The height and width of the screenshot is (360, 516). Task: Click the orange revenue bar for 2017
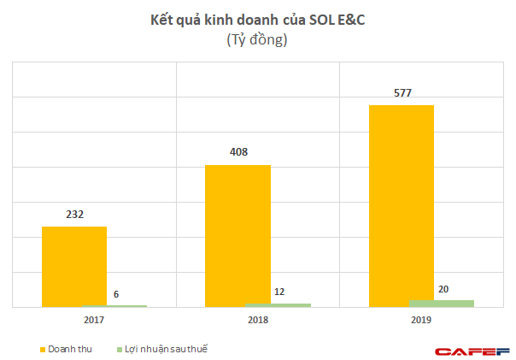click(x=74, y=266)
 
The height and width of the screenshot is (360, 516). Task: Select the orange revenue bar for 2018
click(x=237, y=235)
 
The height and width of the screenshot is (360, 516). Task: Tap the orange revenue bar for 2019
click(x=402, y=205)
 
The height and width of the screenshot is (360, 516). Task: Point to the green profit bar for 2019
click(x=442, y=303)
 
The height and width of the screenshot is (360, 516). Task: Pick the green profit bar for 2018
click(x=278, y=304)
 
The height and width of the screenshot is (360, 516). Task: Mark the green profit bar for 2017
click(x=114, y=305)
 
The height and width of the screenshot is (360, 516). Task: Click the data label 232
click(x=73, y=215)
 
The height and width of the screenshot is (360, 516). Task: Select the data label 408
click(x=238, y=152)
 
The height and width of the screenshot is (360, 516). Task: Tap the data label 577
click(x=402, y=92)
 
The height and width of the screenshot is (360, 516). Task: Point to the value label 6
click(x=115, y=294)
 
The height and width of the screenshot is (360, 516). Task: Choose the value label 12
click(x=279, y=292)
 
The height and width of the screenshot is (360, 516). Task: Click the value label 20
click(x=443, y=289)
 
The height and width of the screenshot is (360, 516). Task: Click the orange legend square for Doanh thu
click(x=42, y=350)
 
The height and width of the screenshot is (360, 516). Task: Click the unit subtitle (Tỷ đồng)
click(x=256, y=40)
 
